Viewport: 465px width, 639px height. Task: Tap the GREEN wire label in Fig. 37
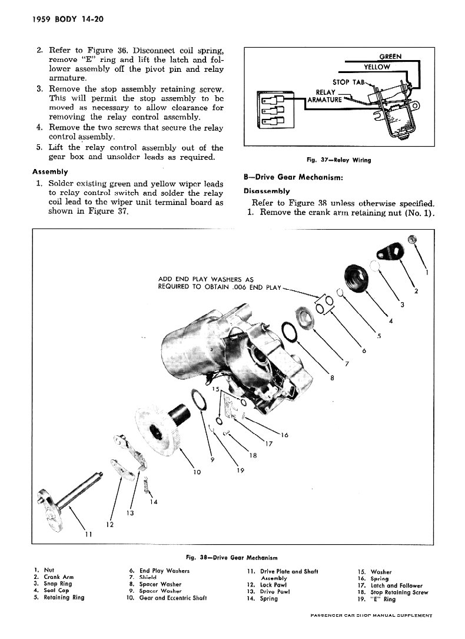390,57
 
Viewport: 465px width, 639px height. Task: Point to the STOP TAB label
347,82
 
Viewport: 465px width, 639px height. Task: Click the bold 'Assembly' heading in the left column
50,172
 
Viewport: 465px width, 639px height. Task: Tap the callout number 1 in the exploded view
426,272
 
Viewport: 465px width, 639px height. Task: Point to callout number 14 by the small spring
154,502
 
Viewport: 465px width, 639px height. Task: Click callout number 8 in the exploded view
333,378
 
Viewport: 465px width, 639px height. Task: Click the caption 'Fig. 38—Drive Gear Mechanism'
232,557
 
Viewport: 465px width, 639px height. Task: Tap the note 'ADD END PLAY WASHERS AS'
205,279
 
